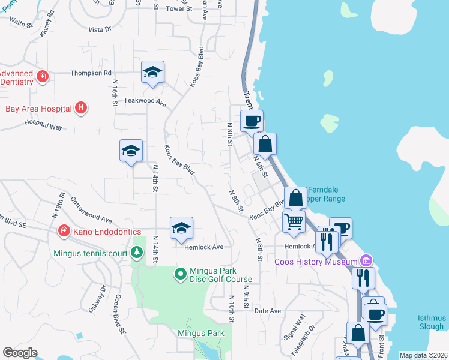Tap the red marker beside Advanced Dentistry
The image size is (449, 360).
(x=43, y=76)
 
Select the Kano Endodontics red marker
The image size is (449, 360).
(x=64, y=231)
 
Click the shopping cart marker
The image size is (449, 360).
(x=294, y=223)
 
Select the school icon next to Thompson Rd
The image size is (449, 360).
(x=152, y=73)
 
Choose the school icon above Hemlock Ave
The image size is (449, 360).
(x=181, y=229)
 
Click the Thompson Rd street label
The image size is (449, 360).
(x=91, y=73)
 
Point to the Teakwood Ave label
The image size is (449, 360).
(x=145, y=101)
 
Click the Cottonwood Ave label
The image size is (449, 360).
(x=91, y=211)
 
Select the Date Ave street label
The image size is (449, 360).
(x=268, y=311)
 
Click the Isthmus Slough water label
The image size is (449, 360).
(x=432, y=322)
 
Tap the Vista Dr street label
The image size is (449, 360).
(x=100, y=29)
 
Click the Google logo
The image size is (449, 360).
(x=20, y=353)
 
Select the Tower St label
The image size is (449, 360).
(x=178, y=9)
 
